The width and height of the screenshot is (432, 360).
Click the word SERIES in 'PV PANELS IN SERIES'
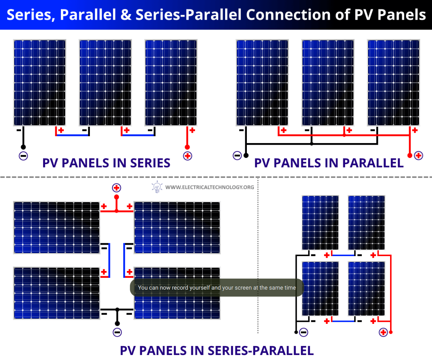tap(146, 163)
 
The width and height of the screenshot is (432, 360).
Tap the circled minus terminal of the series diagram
tap(23, 156)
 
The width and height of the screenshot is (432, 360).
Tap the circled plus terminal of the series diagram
tap(187, 156)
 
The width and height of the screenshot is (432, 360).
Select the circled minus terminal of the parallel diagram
tap(237, 155)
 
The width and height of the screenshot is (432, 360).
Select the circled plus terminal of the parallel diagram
tap(418, 155)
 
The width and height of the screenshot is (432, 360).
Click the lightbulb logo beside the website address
tap(157, 187)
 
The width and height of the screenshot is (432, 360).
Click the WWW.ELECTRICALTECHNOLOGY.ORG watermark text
tap(210, 187)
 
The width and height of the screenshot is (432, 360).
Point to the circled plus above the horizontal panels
tap(117, 188)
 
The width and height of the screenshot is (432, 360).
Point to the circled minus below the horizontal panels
tap(117, 332)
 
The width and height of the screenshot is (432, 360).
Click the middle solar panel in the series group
tap(105, 82)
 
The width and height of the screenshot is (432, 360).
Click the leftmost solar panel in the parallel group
tap(262, 82)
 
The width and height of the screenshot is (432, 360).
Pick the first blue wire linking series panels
tap(72, 135)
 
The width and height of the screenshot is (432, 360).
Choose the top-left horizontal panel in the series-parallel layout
tap(56, 228)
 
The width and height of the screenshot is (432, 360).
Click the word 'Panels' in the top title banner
tap(405, 14)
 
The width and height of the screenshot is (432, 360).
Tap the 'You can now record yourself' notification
tap(217, 288)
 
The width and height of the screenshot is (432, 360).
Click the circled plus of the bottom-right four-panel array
tap(383, 332)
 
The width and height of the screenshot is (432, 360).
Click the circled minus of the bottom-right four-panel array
tap(304, 332)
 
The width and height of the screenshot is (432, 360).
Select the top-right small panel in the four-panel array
tap(366, 223)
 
